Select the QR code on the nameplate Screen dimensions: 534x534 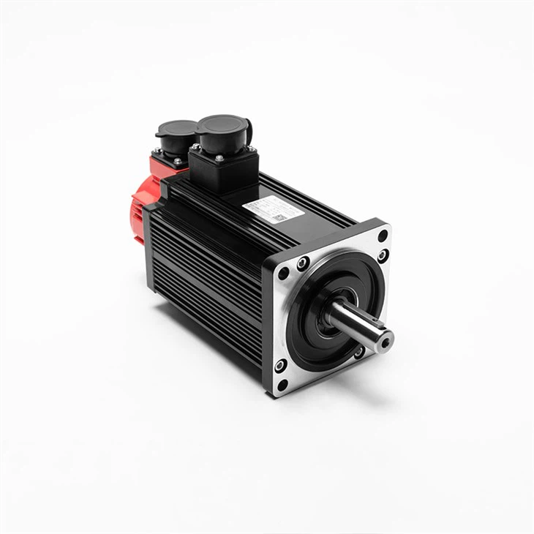click(x=278, y=217)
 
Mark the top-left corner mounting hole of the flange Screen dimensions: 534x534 click(x=284, y=273)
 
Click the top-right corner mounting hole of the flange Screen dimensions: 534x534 click(x=383, y=236)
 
